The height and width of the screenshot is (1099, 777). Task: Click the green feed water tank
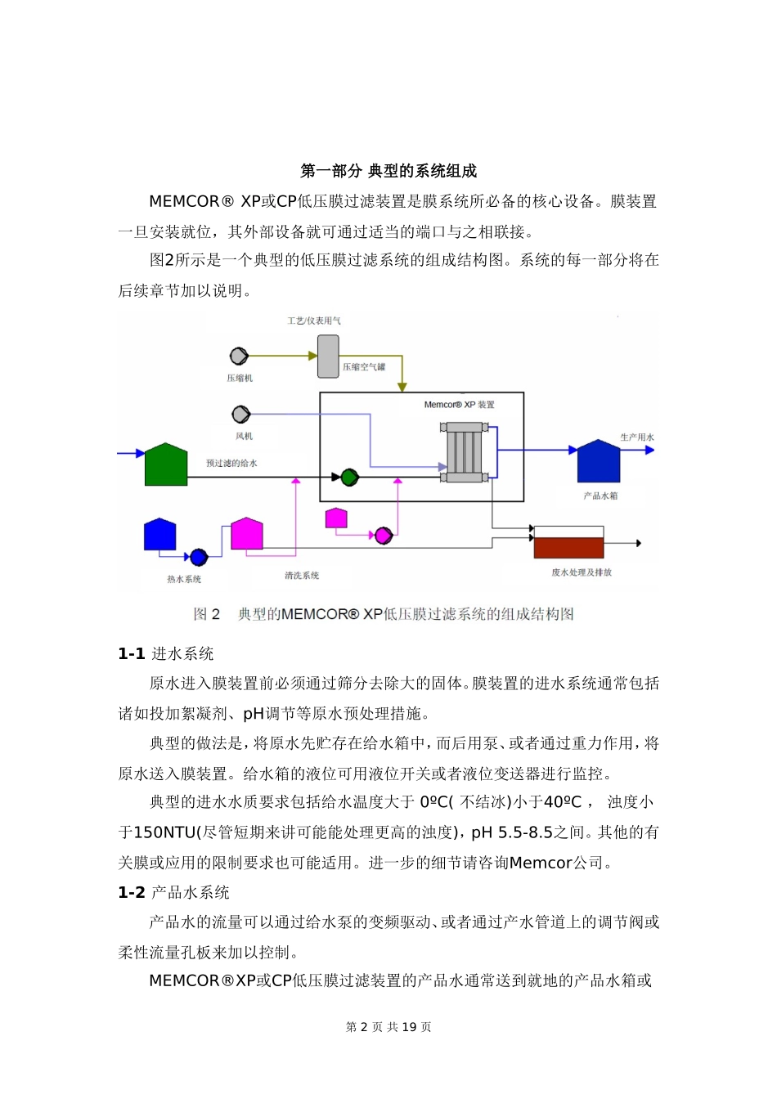pyautogui.click(x=166, y=466)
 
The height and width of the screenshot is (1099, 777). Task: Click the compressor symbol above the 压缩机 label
pyautogui.click(x=239, y=356)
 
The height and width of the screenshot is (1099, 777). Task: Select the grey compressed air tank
pyautogui.click(x=328, y=357)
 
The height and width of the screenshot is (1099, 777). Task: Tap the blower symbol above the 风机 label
pyautogui.click(x=240, y=415)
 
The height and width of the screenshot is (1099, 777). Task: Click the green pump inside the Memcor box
pyautogui.click(x=349, y=477)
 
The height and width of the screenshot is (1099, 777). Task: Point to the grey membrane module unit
pyautogui.click(x=465, y=451)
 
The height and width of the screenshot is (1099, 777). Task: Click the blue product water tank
pyautogui.click(x=599, y=463)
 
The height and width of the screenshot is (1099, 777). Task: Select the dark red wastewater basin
pyautogui.click(x=568, y=546)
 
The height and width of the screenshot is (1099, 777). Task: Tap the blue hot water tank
pyautogui.click(x=159, y=535)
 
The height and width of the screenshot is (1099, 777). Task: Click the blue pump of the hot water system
pyautogui.click(x=199, y=557)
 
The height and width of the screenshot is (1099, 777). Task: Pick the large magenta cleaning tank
pyautogui.click(x=247, y=534)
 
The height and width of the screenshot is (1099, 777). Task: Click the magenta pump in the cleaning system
pyautogui.click(x=383, y=536)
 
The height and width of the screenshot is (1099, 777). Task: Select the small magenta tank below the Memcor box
pyautogui.click(x=336, y=518)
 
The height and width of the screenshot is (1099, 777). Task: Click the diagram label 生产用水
pyautogui.click(x=637, y=437)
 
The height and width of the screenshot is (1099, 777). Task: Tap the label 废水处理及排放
pyautogui.click(x=582, y=572)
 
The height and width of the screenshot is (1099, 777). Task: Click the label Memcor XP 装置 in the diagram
pyautogui.click(x=459, y=405)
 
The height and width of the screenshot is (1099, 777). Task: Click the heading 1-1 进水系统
pyautogui.click(x=166, y=653)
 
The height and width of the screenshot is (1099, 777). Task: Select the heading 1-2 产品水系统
pyautogui.click(x=173, y=892)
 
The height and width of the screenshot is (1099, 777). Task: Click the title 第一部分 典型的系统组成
pyautogui.click(x=388, y=171)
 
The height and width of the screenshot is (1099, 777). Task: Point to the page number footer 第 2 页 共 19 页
pyautogui.click(x=388, y=1027)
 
